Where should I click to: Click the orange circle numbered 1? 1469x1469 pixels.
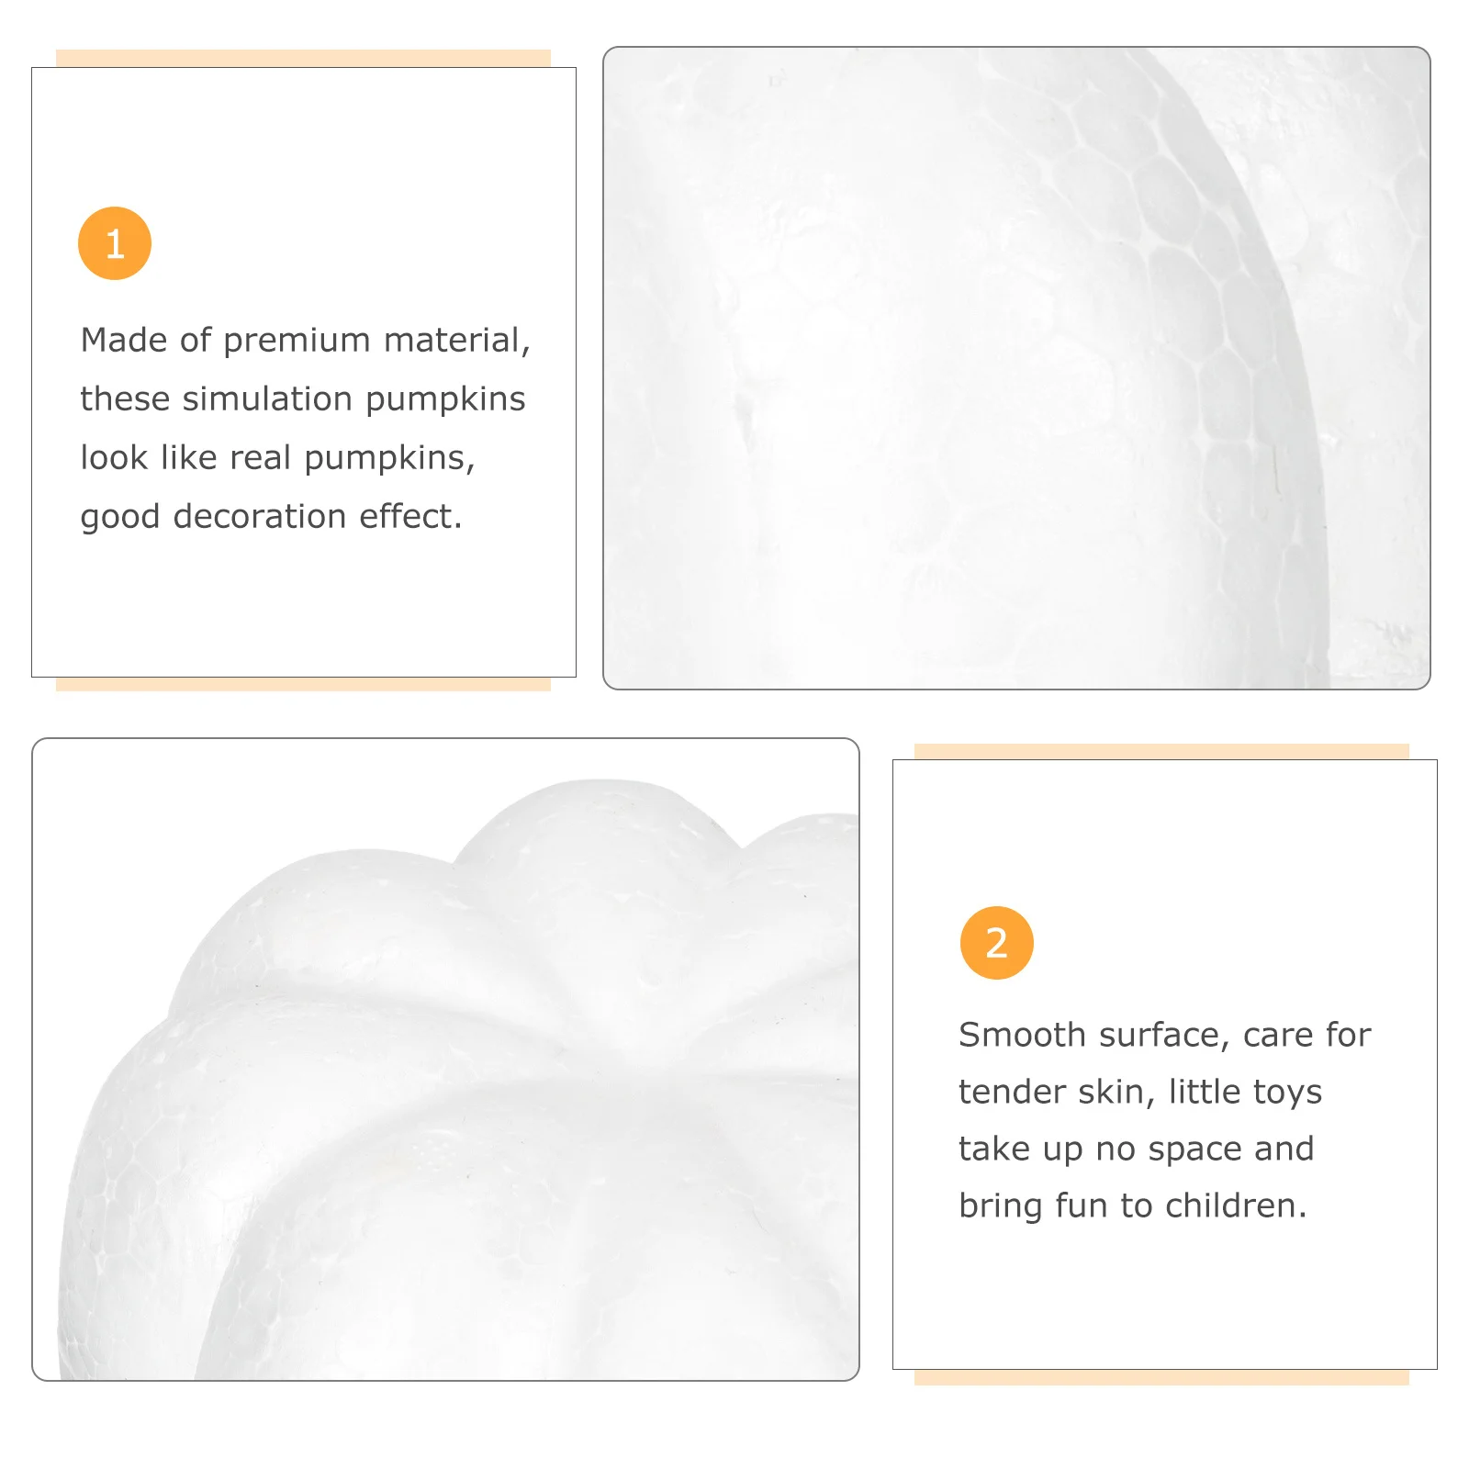[115, 243]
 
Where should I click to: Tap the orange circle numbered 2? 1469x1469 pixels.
[996, 943]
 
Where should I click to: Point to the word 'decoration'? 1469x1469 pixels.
[260, 517]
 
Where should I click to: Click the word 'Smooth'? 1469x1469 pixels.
[1022, 1035]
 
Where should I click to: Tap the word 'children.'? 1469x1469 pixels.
[1236, 1205]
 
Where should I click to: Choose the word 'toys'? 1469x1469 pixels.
[1287, 1092]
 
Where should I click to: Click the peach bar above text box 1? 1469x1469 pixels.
[303, 58]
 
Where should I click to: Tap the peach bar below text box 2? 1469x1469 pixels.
[1161, 1377]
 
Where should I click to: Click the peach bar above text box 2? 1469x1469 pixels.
[1161, 751]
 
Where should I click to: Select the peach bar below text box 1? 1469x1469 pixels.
[303, 684]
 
